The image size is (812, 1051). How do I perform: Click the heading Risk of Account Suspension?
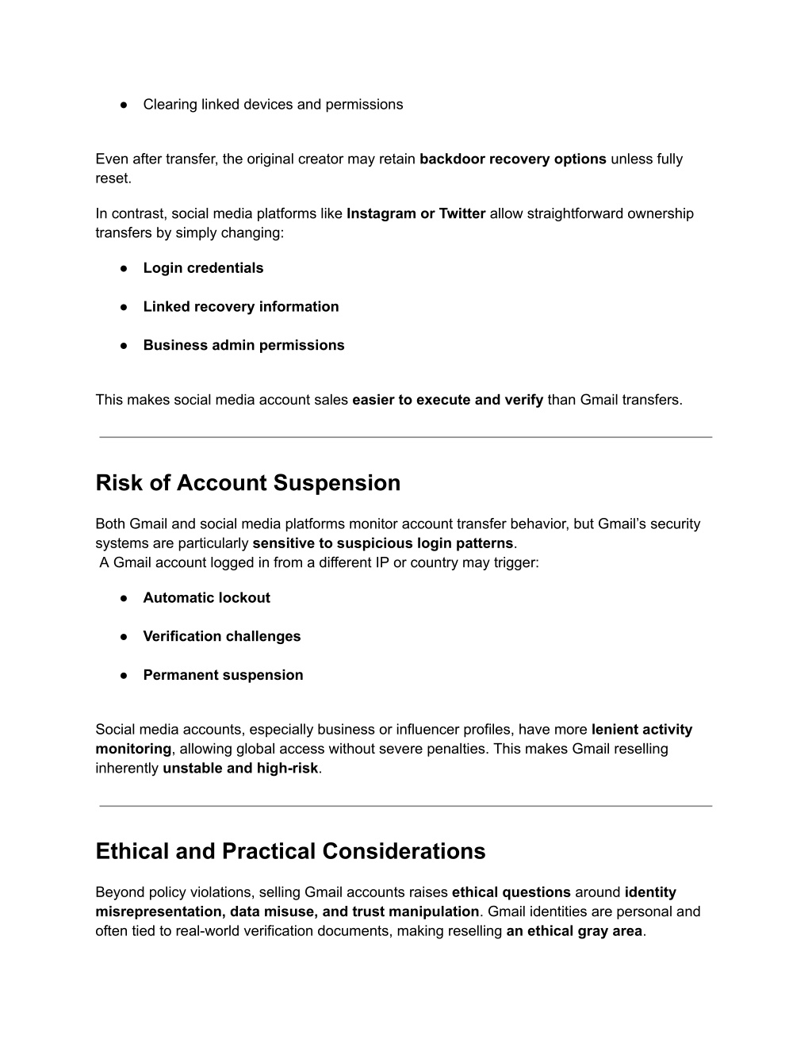pyautogui.click(x=247, y=483)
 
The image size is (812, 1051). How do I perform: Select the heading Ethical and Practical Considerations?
pyautogui.click(x=290, y=851)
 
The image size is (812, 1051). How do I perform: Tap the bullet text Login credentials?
pyautogui.click(x=203, y=268)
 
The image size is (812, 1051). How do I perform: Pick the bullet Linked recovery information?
pyautogui.click(x=240, y=307)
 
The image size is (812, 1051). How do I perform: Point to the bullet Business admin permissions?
pyautogui.click(x=243, y=346)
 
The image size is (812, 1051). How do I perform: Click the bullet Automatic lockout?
pyautogui.click(x=206, y=598)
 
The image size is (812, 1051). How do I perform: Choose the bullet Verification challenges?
pyautogui.click(x=221, y=637)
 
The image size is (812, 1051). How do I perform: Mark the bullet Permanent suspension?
pyautogui.click(x=223, y=676)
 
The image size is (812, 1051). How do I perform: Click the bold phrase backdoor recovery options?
pyautogui.click(x=512, y=159)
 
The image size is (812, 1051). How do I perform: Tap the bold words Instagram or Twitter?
pyautogui.click(x=416, y=214)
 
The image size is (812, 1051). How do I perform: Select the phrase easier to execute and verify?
pyautogui.click(x=447, y=401)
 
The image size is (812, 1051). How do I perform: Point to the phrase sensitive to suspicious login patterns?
pyautogui.click(x=382, y=544)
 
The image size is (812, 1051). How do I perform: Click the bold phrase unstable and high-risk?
pyautogui.click(x=240, y=769)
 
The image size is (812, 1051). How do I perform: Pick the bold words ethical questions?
pyautogui.click(x=511, y=893)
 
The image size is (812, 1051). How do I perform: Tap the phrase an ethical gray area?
pyautogui.click(x=573, y=932)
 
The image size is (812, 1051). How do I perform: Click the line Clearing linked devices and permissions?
pyautogui.click(x=273, y=105)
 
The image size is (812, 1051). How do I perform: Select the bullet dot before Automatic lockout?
pyautogui.click(x=124, y=598)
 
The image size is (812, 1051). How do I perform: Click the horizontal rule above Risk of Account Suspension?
pyautogui.click(x=405, y=437)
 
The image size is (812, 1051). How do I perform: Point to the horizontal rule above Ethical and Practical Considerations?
pyautogui.click(x=405, y=807)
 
